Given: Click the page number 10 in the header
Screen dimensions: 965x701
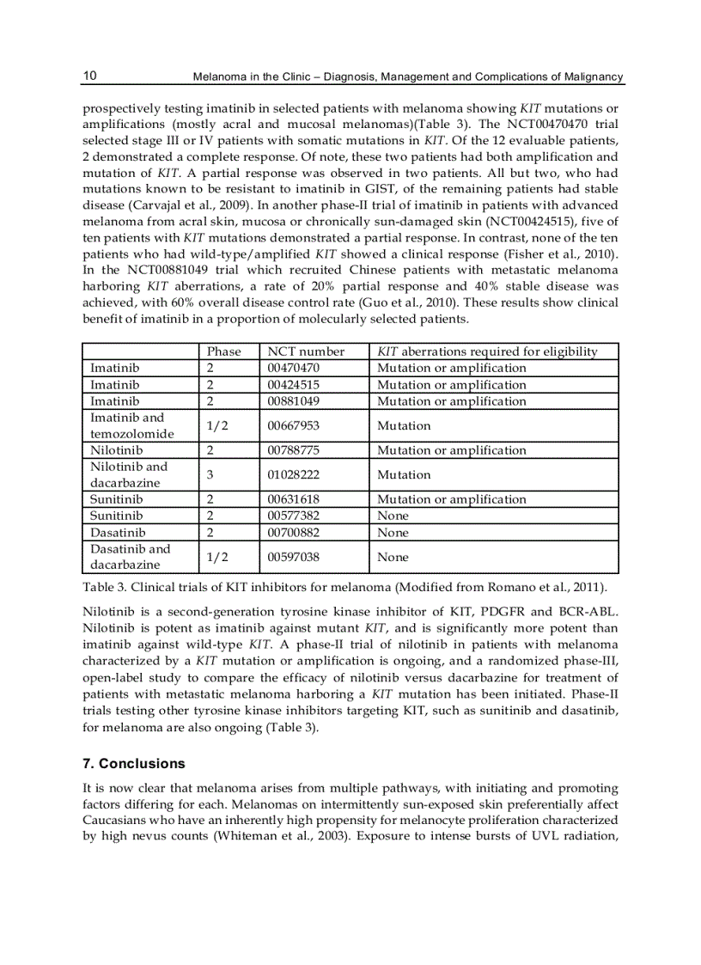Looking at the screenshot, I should pyautogui.click(x=89, y=76).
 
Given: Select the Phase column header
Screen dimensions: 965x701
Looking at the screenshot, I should pyautogui.click(x=224, y=351).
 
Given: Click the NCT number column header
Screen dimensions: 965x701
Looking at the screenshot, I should pyautogui.click(x=306, y=351).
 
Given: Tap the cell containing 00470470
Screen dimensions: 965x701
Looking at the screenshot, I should pyautogui.click(x=294, y=368).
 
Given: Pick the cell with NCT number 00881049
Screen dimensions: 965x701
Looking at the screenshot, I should pyautogui.click(x=294, y=401).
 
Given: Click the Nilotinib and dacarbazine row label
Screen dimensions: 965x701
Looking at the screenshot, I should pyautogui.click(x=129, y=475).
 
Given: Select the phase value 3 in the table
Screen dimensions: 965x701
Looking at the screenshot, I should pyautogui.click(x=210, y=475).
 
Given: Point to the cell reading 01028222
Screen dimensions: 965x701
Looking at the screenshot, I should pyautogui.click(x=294, y=475).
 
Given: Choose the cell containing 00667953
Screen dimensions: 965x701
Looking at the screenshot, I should pyautogui.click(x=294, y=425).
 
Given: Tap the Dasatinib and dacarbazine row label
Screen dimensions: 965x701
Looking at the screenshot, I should pyautogui.click(x=131, y=557).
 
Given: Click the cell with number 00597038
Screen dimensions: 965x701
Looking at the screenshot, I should pyautogui.click(x=294, y=557).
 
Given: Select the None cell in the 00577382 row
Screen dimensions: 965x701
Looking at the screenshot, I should pyautogui.click(x=393, y=516).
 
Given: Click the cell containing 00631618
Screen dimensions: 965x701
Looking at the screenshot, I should pyautogui.click(x=294, y=499).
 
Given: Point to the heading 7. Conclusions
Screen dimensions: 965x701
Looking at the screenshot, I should pyautogui.click(x=133, y=763).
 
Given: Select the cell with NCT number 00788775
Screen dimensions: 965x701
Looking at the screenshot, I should pyautogui.click(x=294, y=450).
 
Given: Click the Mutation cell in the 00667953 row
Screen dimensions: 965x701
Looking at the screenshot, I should pyautogui.click(x=404, y=425).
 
